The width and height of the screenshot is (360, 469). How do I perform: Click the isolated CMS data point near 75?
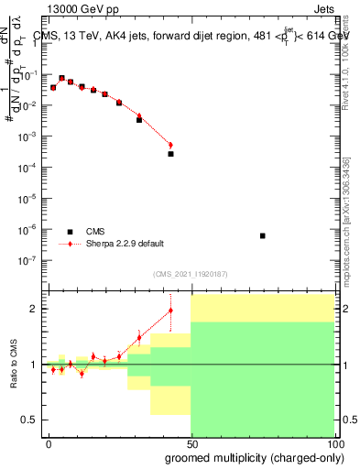[x=263, y=235]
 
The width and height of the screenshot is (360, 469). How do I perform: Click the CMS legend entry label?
[x=96, y=232]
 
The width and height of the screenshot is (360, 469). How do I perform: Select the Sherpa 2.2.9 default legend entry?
[x=125, y=244]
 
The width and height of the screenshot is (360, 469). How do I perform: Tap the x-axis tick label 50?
[x=191, y=442]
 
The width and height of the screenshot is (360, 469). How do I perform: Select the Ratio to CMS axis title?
[x=13, y=365]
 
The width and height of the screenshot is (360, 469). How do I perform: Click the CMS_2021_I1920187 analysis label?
[x=190, y=274]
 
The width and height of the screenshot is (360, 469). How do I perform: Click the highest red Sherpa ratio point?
[x=170, y=311]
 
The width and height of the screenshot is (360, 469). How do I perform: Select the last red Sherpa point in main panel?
[x=170, y=145]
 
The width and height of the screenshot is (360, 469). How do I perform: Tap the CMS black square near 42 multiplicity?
[x=170, y=154]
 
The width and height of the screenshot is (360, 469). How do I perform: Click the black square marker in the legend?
[x=70, y=232]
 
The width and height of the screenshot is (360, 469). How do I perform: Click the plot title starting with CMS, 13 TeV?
[x=191, y=36]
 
